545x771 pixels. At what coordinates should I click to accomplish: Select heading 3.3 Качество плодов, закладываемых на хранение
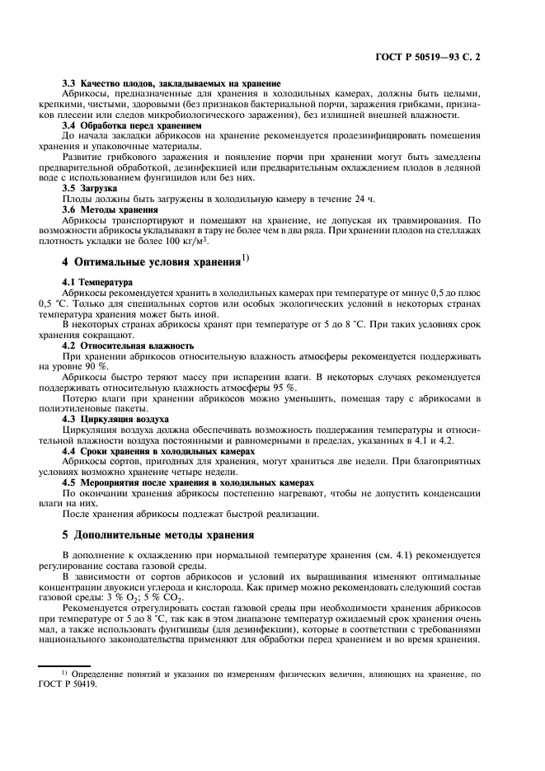coord(171,84)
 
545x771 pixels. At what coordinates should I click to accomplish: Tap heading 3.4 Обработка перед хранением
coord(132,125)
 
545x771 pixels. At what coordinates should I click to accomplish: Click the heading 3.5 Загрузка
coord(90,189)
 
